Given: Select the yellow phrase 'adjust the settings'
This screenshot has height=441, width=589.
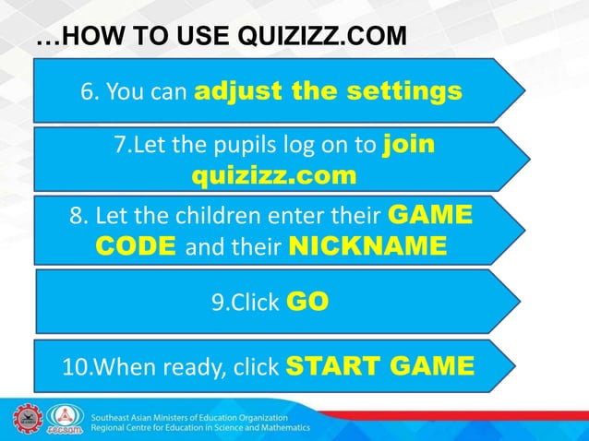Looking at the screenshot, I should [329, 91].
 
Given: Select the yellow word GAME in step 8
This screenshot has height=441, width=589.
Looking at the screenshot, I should [431, 218].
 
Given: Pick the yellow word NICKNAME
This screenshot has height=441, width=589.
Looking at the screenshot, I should [368, 246].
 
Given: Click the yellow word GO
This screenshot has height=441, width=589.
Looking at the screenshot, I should [308, 302].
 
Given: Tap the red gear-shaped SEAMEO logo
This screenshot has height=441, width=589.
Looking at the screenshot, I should [26, 418].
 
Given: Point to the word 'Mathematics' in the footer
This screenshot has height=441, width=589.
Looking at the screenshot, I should [278, 428].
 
